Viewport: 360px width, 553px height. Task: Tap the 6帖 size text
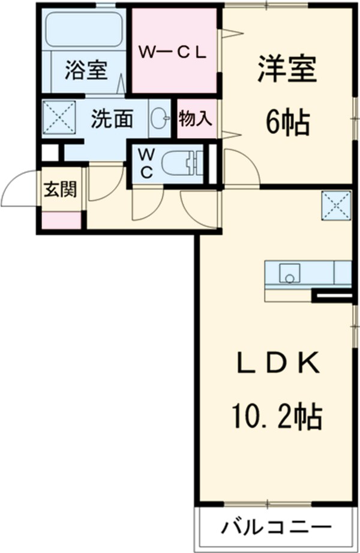click(287, 124)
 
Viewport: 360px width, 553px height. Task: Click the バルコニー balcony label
click(277, 528)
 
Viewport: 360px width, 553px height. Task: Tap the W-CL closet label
click(173, 52)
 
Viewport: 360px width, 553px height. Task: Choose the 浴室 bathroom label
click(87, 70)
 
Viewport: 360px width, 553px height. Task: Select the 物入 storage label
click(195, 119)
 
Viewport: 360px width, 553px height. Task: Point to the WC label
click(146, 162)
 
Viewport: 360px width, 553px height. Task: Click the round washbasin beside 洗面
click(160, 118)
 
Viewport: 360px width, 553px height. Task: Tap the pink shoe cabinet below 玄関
click(61, 220)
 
